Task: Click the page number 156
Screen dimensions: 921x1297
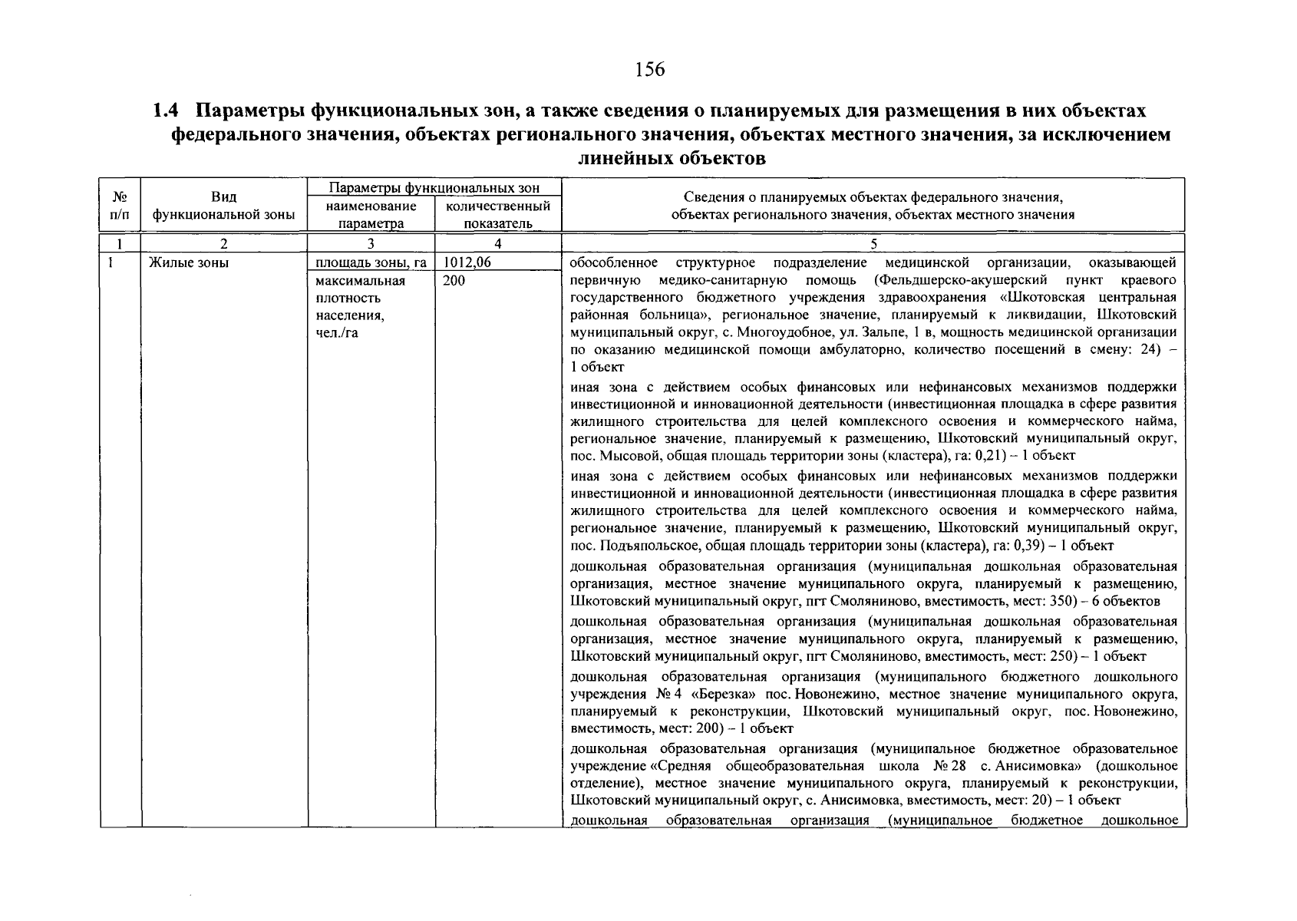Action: (649, 71)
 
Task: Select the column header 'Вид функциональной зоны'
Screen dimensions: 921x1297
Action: (223, 206)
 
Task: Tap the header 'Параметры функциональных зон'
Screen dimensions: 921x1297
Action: (434, 188)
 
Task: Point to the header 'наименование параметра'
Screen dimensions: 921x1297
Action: (371, 215)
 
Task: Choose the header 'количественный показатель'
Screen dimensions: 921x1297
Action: (497, 215)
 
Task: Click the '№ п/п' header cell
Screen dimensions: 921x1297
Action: (120, 206)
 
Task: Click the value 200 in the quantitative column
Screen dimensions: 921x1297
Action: (454, 281)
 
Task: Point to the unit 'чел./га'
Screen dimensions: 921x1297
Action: (337, 333)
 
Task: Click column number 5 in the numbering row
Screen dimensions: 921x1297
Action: (873, 245)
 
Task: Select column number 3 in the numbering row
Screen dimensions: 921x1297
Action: (371, 245)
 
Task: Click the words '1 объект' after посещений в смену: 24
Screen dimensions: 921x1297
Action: (597, 368)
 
